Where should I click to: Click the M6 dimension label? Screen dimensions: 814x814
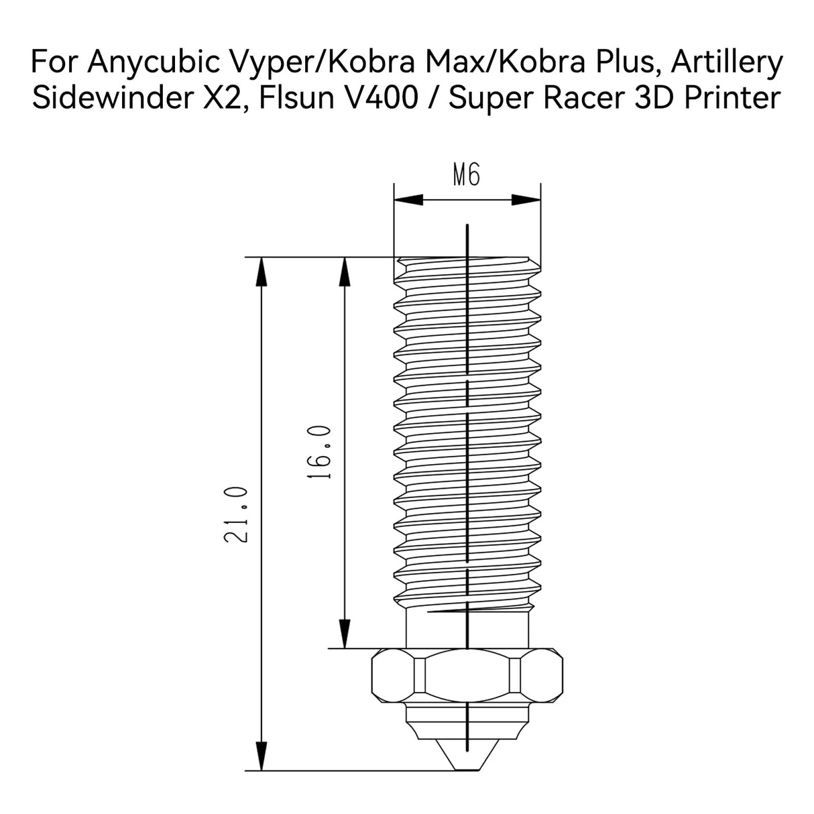467,176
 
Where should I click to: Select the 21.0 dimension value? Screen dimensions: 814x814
237,515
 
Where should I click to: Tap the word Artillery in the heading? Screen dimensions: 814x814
727,63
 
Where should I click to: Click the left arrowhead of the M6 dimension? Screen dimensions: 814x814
406,199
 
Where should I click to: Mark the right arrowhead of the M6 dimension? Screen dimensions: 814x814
527,199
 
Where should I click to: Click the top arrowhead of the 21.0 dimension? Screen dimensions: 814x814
261,272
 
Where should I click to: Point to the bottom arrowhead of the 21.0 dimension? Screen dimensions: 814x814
261,756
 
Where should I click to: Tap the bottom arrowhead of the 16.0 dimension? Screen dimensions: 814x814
345,634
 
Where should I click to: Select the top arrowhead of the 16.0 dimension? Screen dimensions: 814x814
345,272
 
